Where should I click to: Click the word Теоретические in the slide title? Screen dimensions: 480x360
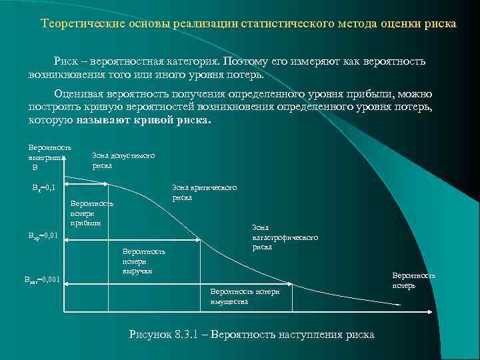(77, 24)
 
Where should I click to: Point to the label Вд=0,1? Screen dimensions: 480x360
(45, 188)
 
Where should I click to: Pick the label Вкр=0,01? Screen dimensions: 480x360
(43, 235)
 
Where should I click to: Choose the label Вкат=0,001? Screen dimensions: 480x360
(43, 279)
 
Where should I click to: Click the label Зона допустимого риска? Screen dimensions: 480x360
(123, 160)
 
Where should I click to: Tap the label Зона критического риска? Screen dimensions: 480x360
(204, 192)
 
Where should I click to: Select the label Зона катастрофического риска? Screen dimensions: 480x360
(285, 237)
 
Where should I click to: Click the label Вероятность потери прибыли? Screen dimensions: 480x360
(91, 213)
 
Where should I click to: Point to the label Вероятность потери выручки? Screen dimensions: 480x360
(143, 261)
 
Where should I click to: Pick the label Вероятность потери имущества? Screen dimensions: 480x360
(245, 297)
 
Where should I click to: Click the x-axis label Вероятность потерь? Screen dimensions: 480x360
(413, 280)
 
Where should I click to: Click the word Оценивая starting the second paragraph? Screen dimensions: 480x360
(78, 94)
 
